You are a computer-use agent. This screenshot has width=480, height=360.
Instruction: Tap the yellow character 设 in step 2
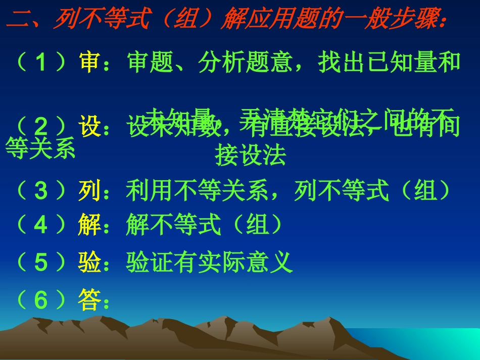tap(90, 127)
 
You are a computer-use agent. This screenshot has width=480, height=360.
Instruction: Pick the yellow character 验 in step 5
tap(90, 262)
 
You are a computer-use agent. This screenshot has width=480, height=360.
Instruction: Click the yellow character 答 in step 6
tap(90, 300)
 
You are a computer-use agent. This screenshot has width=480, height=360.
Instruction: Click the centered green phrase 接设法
tap(251, 156)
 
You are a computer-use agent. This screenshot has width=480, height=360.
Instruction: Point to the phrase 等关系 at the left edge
tap(40, 148)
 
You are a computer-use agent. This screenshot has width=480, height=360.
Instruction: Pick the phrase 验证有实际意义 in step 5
tap(209, 262)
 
